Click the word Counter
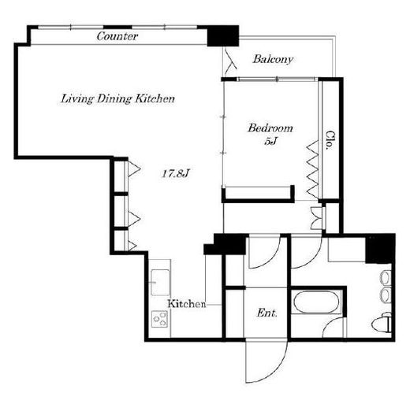[117, 36]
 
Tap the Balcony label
[273, 59]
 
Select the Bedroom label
[270, 128]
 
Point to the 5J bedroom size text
[271, 142]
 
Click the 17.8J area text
[176, 173]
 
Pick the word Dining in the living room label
[114, 99]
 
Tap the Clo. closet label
[330, 140]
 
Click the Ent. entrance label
[266, 313]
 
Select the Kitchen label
[187, 304]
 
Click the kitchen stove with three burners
[159, 319]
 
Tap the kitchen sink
[161, 283]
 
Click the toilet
[382, 323]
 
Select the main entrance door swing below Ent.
[266, 361]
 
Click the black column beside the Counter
[223, 36]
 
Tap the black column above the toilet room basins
[380, 249]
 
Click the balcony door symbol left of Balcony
[230, 60]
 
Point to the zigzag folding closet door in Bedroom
[313, 170]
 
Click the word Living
[77, 99]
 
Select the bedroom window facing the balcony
[277, 79]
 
